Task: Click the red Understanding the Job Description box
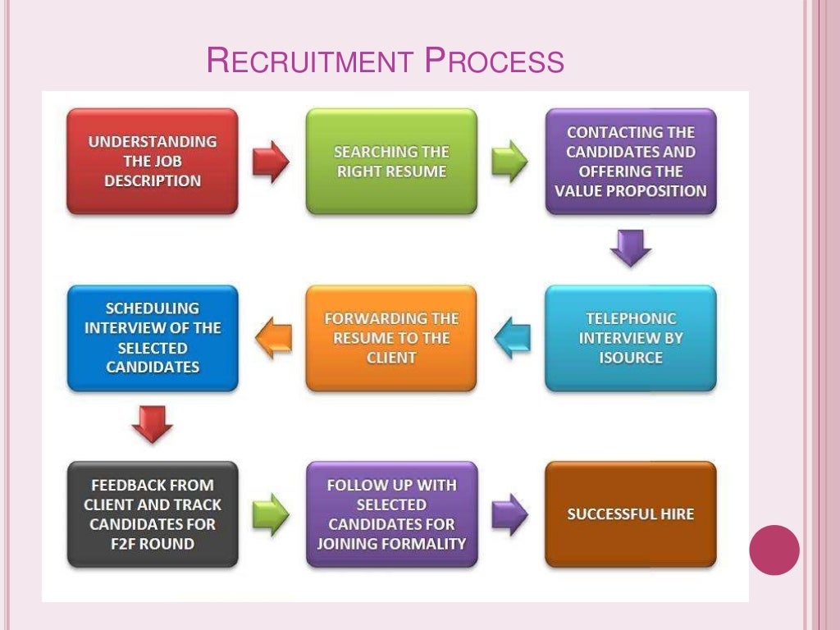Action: click(153, 162)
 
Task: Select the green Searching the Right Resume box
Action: click(391, 162)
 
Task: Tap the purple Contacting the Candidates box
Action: click(631, 162)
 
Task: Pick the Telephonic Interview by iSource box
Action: click(631, 338)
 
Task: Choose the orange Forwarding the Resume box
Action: click(391, 338)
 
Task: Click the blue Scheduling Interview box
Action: click(153, 338)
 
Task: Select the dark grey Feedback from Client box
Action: click(153, 514)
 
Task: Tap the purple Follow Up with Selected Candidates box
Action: click(391, 514)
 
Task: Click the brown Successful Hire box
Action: click(631, 514)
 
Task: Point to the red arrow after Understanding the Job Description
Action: click(271, 162)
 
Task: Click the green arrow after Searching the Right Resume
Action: click(509, 160)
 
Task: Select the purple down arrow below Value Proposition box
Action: click(631, 247)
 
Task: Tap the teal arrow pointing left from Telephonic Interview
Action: click(513, 338)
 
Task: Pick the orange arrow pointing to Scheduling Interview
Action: click(274, 338)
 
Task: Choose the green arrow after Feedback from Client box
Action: click(271, 514)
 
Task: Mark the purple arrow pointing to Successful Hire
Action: click(509, 514)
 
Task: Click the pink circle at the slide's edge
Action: click(774, 550)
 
